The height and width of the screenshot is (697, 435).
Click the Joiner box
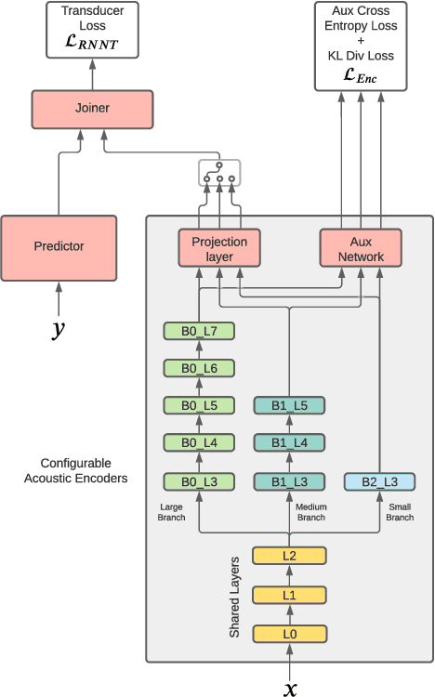coord(91,108)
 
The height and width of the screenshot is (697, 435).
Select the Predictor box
coord(59,246)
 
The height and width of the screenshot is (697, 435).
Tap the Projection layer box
coord(219,248)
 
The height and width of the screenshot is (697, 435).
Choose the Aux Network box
coord(360,248)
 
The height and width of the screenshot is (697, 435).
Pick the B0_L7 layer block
coord(198,330)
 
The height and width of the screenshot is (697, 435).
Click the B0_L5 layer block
coord(198,405)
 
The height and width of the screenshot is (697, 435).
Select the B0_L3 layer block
coord(198,480)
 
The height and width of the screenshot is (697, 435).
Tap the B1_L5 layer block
coord(289,405)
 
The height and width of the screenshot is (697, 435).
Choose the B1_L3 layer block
coord(289,480)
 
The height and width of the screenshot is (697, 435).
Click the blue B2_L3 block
coord(379,480)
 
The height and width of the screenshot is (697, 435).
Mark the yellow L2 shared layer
coord(289,556)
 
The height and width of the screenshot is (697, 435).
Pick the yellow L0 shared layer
coord(289,633)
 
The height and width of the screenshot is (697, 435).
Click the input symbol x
coord(290,687)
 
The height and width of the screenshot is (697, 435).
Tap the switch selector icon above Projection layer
coord(219,174)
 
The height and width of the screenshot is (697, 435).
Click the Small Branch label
coord(400,512)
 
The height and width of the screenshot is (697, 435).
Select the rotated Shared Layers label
coord(235,596)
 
